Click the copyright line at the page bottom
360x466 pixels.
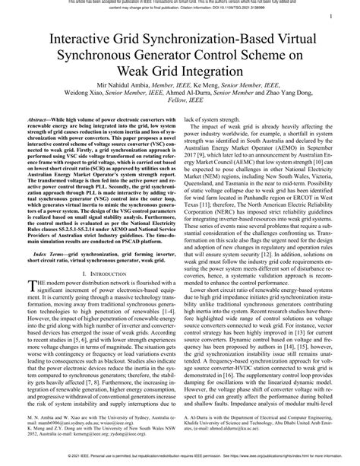(x=180, y=458)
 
